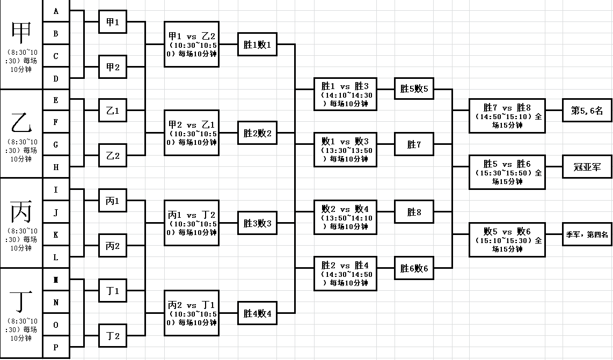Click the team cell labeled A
[x=56, y=11]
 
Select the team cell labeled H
[x=56, y=167]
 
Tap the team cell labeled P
[x=56, y=347]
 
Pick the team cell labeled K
[x=56, y=235]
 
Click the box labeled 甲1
[x=113, y=23]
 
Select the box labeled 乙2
[x=113, y=156]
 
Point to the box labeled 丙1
[x=113, y=201]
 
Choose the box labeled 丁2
[x=113, y=336]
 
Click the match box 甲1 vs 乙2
[x=192, y=44]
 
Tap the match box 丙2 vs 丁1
[x=192, y=313]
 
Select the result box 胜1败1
[x=258, y=45]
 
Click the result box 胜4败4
[x=258, y=313]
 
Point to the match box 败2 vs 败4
[x=346, y=217]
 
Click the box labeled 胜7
[x=413, y=144]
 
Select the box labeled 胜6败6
[x=413, y=268]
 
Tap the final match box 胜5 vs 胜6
[x=507, y=172]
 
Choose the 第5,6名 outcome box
[x=587, y=111]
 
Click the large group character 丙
[x=21, y=211]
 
